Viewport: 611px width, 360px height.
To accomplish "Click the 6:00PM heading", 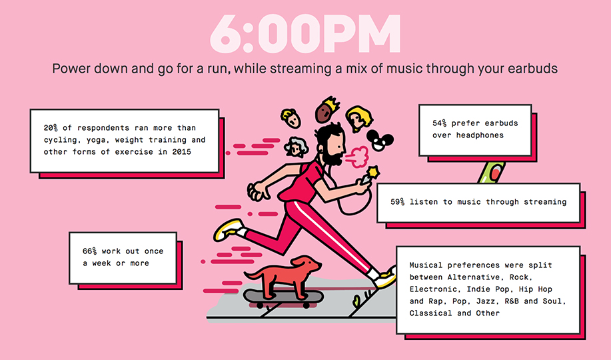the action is [305, 34].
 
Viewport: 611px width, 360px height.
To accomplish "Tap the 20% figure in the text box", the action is [51, 128].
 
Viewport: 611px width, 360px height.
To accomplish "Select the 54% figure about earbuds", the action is [440, 123].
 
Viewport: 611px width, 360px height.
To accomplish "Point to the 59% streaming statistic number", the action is [398, 202].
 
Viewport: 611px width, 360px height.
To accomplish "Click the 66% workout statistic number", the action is [90, 251].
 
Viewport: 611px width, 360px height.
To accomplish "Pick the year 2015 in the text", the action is [182, 152].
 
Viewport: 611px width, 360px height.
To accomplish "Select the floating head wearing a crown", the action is [326, 109].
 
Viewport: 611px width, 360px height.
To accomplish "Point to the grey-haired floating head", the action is [296, 147].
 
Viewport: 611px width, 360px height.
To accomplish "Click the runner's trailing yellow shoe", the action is [228, 229].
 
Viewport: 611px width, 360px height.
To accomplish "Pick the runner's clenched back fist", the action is [257, 191].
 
